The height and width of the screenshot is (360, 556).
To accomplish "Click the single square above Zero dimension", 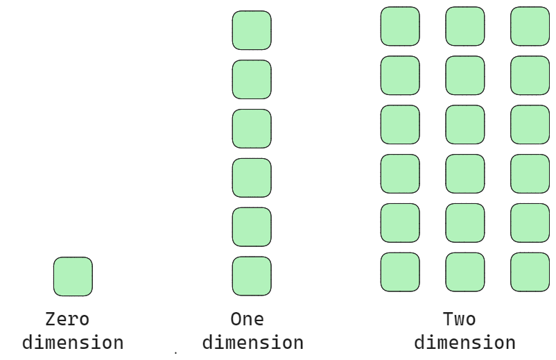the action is pos(73,276).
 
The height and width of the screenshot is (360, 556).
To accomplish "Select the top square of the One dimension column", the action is pos(252,31).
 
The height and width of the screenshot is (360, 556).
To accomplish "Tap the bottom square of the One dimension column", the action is pos(252,276).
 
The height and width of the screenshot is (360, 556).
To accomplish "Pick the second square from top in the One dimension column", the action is pos(252,80).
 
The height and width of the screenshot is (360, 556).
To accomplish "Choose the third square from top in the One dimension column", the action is pos(252,129).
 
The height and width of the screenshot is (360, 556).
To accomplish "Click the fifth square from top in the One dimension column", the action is pos(252,227).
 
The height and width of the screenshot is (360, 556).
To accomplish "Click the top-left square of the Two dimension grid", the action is pos(400,26).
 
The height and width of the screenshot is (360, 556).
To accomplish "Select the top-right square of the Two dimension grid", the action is pos(530,26).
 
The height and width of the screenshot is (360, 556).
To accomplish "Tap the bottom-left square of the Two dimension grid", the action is pos(400,272).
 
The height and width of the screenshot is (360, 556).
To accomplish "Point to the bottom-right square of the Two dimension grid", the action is pos(530,272).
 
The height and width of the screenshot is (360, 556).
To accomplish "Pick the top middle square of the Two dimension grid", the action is pos(465,26).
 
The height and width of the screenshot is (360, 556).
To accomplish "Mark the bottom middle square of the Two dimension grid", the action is pos(465,272).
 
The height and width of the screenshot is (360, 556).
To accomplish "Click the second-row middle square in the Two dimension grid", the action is pos(465,76).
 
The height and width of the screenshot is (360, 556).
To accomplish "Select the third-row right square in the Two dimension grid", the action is pos(530,125).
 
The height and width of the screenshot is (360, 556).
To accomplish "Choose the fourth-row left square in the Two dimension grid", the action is pos(400,173).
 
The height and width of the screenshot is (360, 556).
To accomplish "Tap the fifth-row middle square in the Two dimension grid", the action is pos(465,223).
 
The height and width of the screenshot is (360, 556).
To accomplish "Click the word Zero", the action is pos(67,320).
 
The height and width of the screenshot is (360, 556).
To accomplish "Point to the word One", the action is pos(247,320).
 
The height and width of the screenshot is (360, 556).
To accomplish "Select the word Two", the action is pos(459,320).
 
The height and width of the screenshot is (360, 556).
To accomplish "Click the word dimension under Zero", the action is pos(73,343).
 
